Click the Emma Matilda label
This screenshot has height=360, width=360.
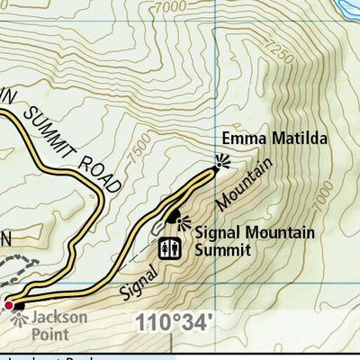(261, 139)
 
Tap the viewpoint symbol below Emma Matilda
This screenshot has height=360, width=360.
(220, 163)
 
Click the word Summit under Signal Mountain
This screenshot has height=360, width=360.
(221, 250)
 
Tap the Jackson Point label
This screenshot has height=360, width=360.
(58, 323)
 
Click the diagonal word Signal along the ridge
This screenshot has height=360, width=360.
(137, 278)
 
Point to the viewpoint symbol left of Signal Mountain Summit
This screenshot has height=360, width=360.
(177, 218)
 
